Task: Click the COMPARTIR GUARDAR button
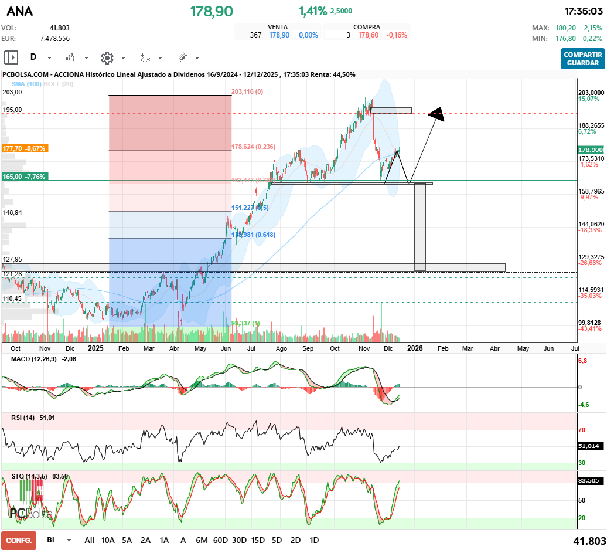coord(582,59)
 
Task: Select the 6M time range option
coord(202,540)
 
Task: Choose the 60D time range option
coord(220,540)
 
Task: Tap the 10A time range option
coord(108,540)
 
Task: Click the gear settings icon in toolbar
coord(107,57)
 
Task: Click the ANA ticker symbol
coord(20,12)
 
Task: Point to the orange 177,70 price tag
coord(25,149)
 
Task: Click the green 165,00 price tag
coord(24,177)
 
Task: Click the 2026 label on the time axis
coord(415,348)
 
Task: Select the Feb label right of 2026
coord(443,348)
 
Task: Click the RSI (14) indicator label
coord(24,418)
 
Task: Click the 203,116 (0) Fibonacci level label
coord(247,91)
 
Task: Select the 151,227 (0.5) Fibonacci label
coord(250,208)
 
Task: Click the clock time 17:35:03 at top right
coord(584,11)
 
